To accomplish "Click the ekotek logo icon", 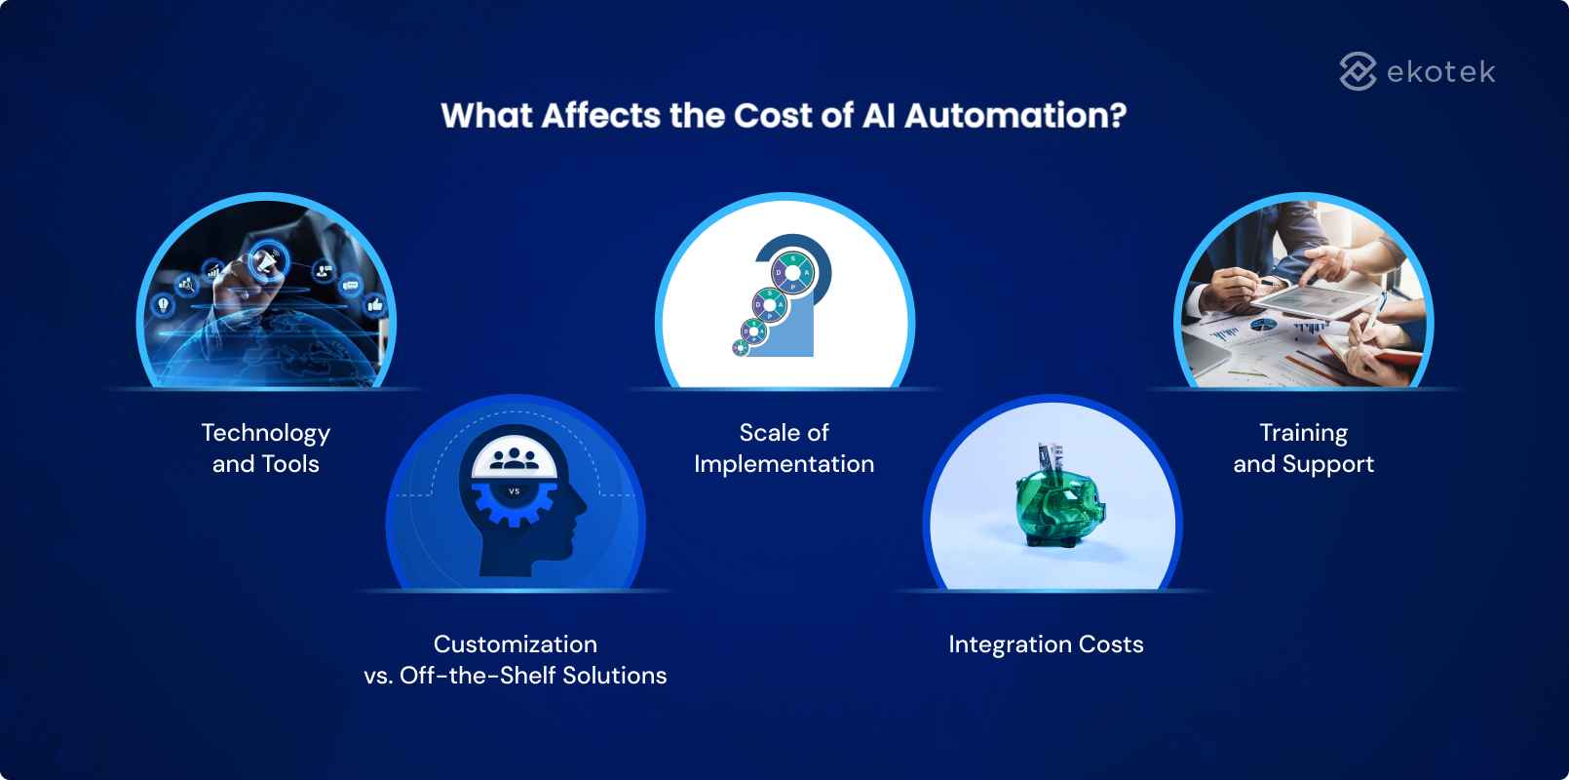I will click(1358, 71).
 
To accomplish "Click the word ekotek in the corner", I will click(1440, 71).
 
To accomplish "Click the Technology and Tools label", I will click(265, 448).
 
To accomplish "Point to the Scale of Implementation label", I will click(784, 448).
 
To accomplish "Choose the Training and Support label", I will click(1303, 448).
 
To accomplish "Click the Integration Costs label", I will click(1046, 644).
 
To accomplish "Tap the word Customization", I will click(515, 644).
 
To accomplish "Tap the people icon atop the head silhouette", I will click(515, 458).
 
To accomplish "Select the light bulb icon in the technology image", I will click(163, 304).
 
